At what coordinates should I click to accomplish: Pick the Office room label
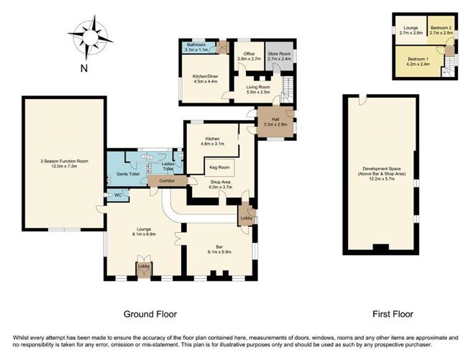pos(250,55)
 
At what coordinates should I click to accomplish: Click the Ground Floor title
pos(150,314)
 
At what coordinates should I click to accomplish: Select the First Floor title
pos(391,314)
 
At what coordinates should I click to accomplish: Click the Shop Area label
pos(224,183)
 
